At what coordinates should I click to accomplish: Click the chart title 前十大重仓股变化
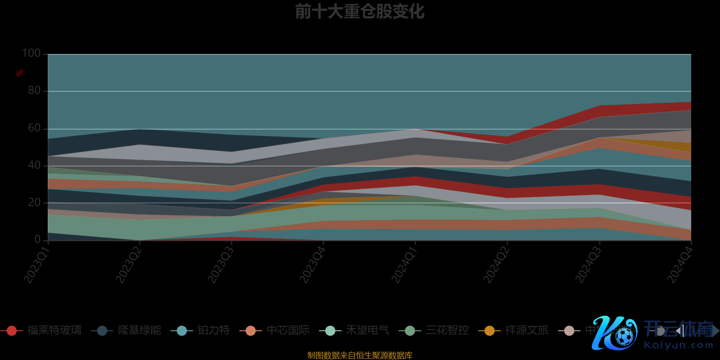[x=360, y=12]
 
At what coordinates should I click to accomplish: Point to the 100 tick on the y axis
[x=31, y=53]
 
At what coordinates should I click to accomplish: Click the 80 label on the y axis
[x=34, y=90]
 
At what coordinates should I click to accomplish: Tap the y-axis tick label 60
[x=34, y=128]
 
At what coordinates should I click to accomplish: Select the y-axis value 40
[x=34, y=165]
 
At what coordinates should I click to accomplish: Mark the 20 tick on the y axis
[x=34, y=202]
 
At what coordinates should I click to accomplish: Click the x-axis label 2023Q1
[x=36, y=265]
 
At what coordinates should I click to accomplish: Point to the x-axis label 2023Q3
[x=220, y=265]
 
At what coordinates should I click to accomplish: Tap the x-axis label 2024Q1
[x=404, y=265]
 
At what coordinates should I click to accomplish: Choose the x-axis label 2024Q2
[x=496, y=265]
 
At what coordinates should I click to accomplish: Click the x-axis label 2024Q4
[x=679, y=265]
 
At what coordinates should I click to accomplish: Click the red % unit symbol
[x=20, y=73]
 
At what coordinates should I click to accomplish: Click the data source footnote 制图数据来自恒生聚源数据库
[x=360, y=355]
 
